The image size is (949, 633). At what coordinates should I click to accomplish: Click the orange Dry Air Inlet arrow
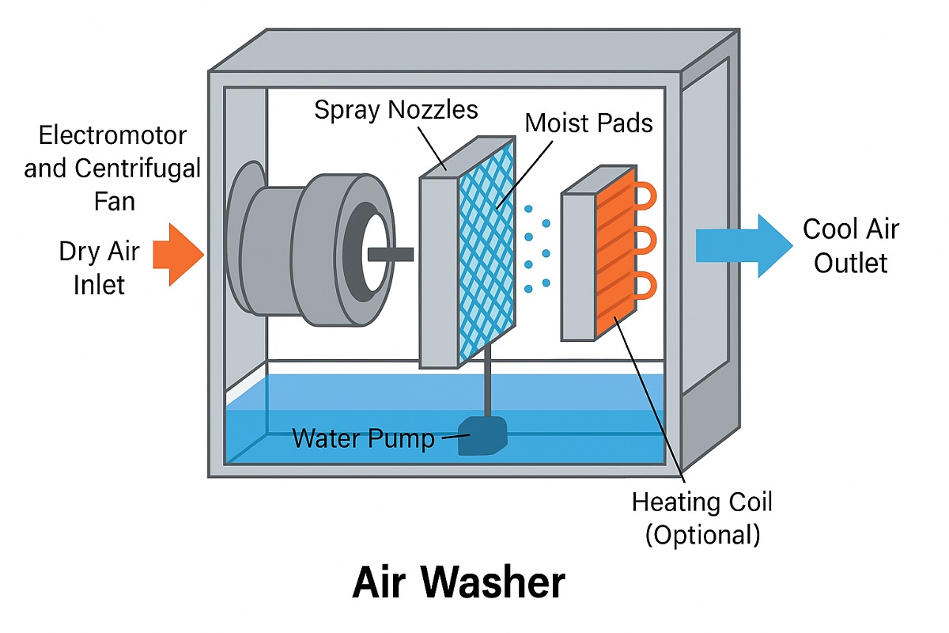177,253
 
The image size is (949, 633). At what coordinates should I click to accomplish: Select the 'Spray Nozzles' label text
395,109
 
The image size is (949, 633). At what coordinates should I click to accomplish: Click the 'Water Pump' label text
364,438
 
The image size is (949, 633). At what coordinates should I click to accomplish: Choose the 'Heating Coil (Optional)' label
702,518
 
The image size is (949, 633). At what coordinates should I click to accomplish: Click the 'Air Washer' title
459,583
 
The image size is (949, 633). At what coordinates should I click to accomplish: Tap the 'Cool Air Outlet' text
851,245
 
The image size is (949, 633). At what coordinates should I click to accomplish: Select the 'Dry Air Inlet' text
100,268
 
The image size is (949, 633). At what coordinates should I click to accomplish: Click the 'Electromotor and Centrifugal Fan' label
112,168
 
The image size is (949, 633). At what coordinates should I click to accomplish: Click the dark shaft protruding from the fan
391,253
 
